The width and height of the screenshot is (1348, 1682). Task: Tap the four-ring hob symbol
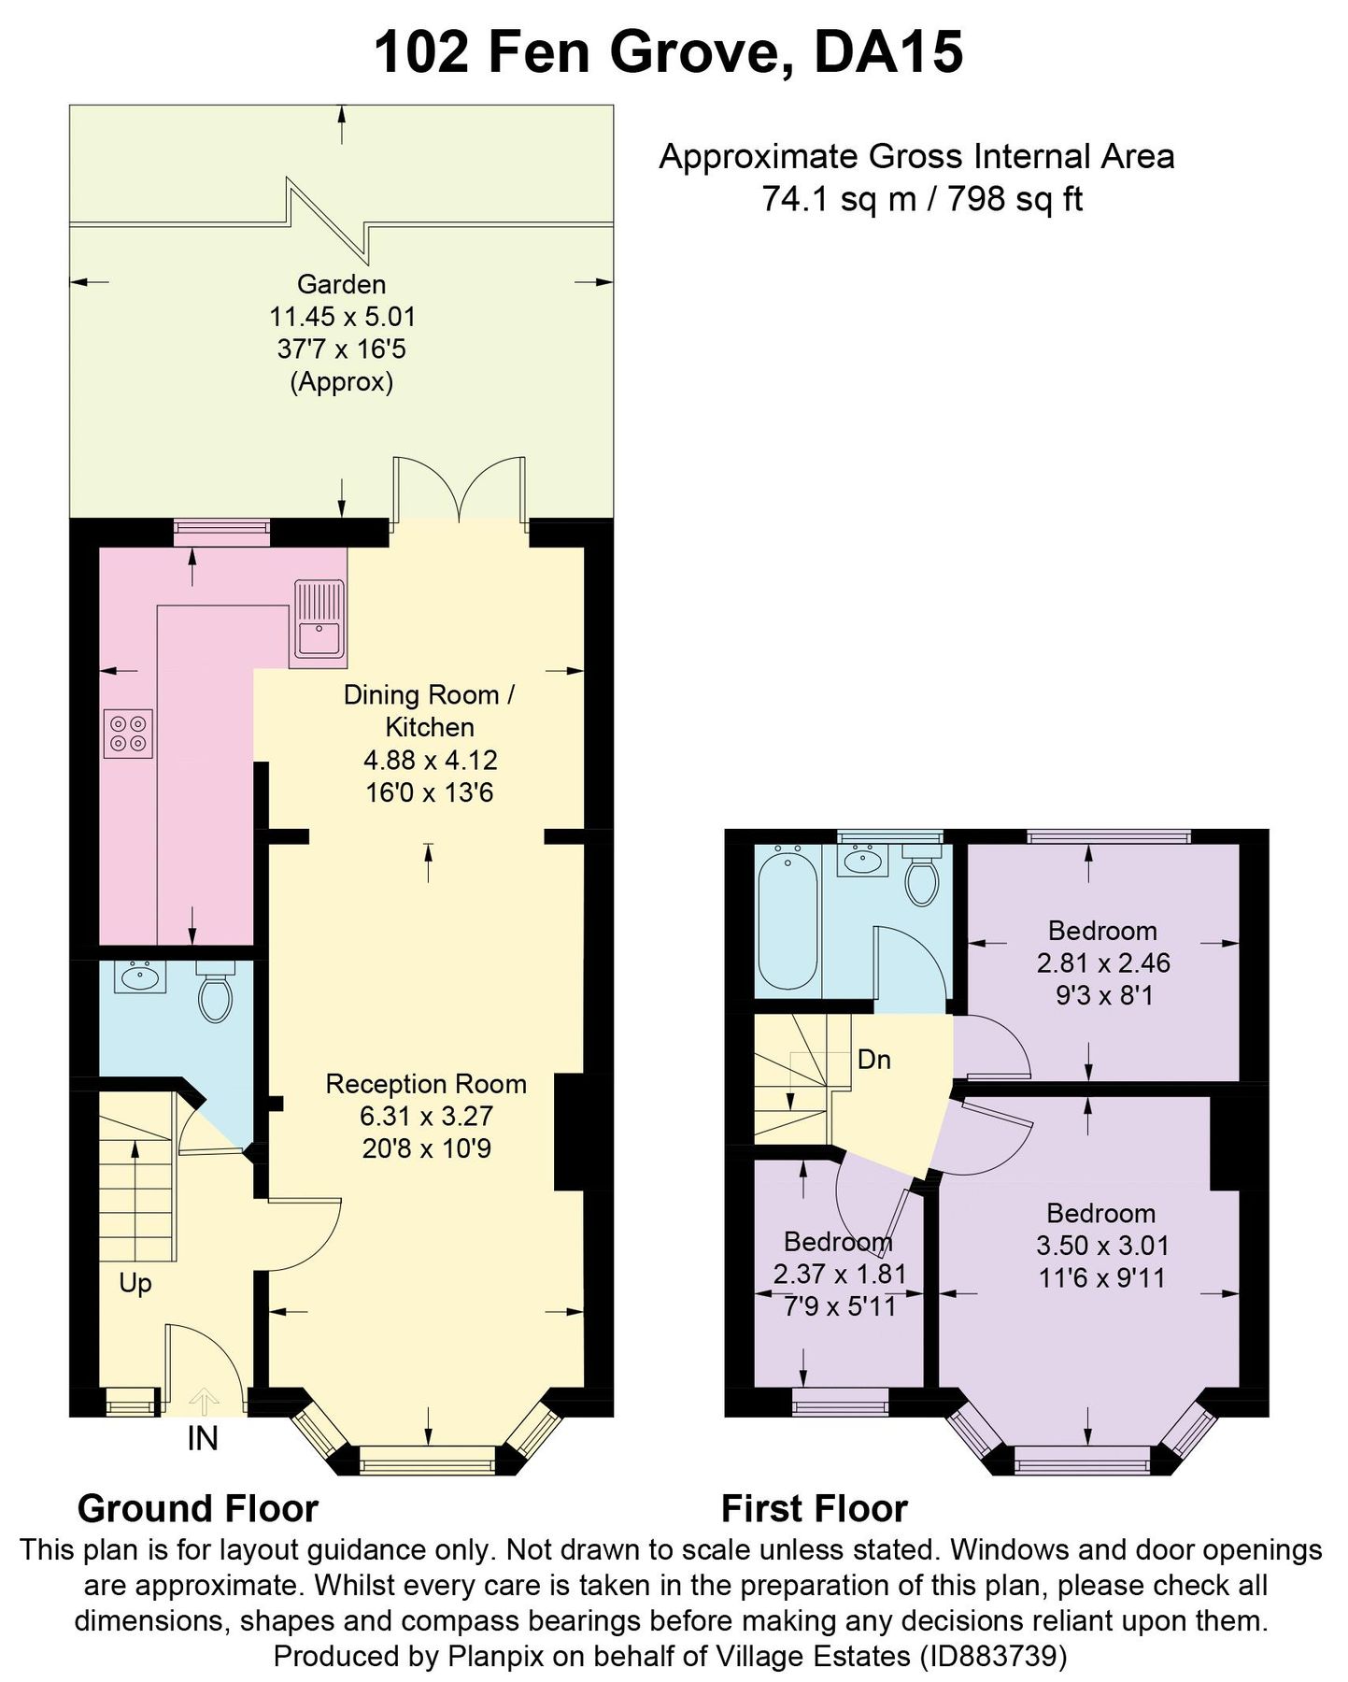click(128, 734)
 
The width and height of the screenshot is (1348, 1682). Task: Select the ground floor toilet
click(216, 997)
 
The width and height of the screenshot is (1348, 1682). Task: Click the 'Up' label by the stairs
click(135, 1283)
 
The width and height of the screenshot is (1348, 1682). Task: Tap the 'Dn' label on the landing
click(873, 1060)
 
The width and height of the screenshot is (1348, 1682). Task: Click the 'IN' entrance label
click(203, 1439)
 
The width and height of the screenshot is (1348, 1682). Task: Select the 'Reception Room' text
click(426, 1084)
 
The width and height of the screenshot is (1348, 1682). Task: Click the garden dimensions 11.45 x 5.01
click(342, 317)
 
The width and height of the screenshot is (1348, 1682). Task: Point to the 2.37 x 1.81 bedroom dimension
click(840, 1274)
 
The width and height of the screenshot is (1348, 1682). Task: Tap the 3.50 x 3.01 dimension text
click(1102, 1246)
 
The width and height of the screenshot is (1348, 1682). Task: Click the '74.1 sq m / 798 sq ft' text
click(921, 199)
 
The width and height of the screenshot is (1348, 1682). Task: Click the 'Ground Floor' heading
click(198, 1509)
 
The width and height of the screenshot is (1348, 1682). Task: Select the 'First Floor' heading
click(814, 1509)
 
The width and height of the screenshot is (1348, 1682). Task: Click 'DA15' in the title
click(888, 53)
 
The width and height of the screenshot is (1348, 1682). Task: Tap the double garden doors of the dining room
click(459, 491)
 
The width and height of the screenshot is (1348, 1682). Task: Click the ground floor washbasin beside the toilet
click(140, 977)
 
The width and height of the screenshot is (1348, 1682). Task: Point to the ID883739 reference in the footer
click(993, 1657)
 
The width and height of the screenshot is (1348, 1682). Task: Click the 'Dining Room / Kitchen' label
click(430, 711)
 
